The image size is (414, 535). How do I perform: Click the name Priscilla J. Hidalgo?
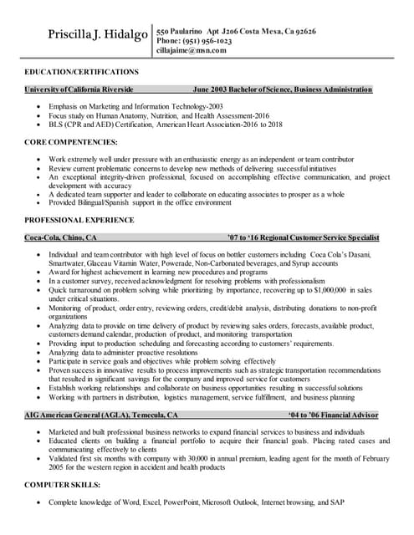98,35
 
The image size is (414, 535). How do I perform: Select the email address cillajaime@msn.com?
192,51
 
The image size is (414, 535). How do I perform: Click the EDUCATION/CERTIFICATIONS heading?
81,73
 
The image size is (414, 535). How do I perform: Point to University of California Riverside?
79,89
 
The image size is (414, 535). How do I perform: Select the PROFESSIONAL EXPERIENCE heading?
79,220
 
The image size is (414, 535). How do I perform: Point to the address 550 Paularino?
184,31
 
